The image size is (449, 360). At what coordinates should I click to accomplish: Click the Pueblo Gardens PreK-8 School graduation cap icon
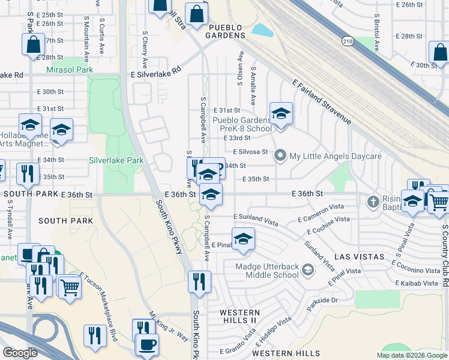point(280,113)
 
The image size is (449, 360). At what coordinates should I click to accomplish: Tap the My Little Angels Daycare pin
point(280,156)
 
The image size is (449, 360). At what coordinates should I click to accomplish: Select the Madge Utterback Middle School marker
point(308,271)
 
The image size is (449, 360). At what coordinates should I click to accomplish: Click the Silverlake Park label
point(116,160)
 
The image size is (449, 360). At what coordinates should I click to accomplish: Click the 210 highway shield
point(348,41)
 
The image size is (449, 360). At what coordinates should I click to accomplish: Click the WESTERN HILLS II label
point(240,317)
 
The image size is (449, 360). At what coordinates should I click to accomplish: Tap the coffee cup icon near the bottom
point(147,344)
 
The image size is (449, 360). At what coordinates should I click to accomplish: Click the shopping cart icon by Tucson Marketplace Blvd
point(69,287)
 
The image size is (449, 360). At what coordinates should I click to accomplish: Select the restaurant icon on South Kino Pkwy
point(199,281)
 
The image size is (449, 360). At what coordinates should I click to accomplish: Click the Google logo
point(20,353)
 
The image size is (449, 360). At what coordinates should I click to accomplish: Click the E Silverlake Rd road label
point(155,70)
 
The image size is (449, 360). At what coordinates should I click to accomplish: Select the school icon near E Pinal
point(243,239)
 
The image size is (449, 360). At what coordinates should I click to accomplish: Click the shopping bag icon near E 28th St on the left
point(33,45)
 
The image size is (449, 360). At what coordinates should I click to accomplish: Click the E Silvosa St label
point(250,152)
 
